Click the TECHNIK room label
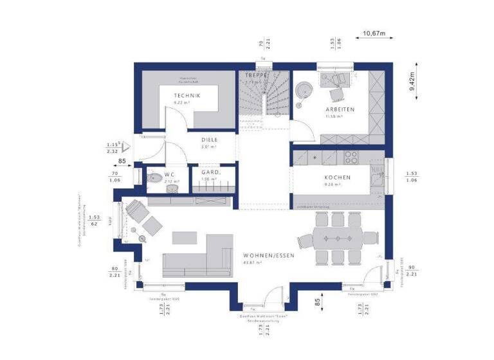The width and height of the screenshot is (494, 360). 187,95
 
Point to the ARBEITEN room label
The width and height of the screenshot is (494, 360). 339,109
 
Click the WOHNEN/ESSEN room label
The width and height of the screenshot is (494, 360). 269,255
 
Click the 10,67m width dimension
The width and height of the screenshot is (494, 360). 374,33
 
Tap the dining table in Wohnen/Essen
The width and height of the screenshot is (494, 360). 338,239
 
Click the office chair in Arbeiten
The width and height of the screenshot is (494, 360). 336,94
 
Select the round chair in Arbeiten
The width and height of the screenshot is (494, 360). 302,91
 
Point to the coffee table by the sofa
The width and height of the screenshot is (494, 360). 185,237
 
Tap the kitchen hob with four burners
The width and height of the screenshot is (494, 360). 352,156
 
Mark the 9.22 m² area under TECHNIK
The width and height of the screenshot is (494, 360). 187,102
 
